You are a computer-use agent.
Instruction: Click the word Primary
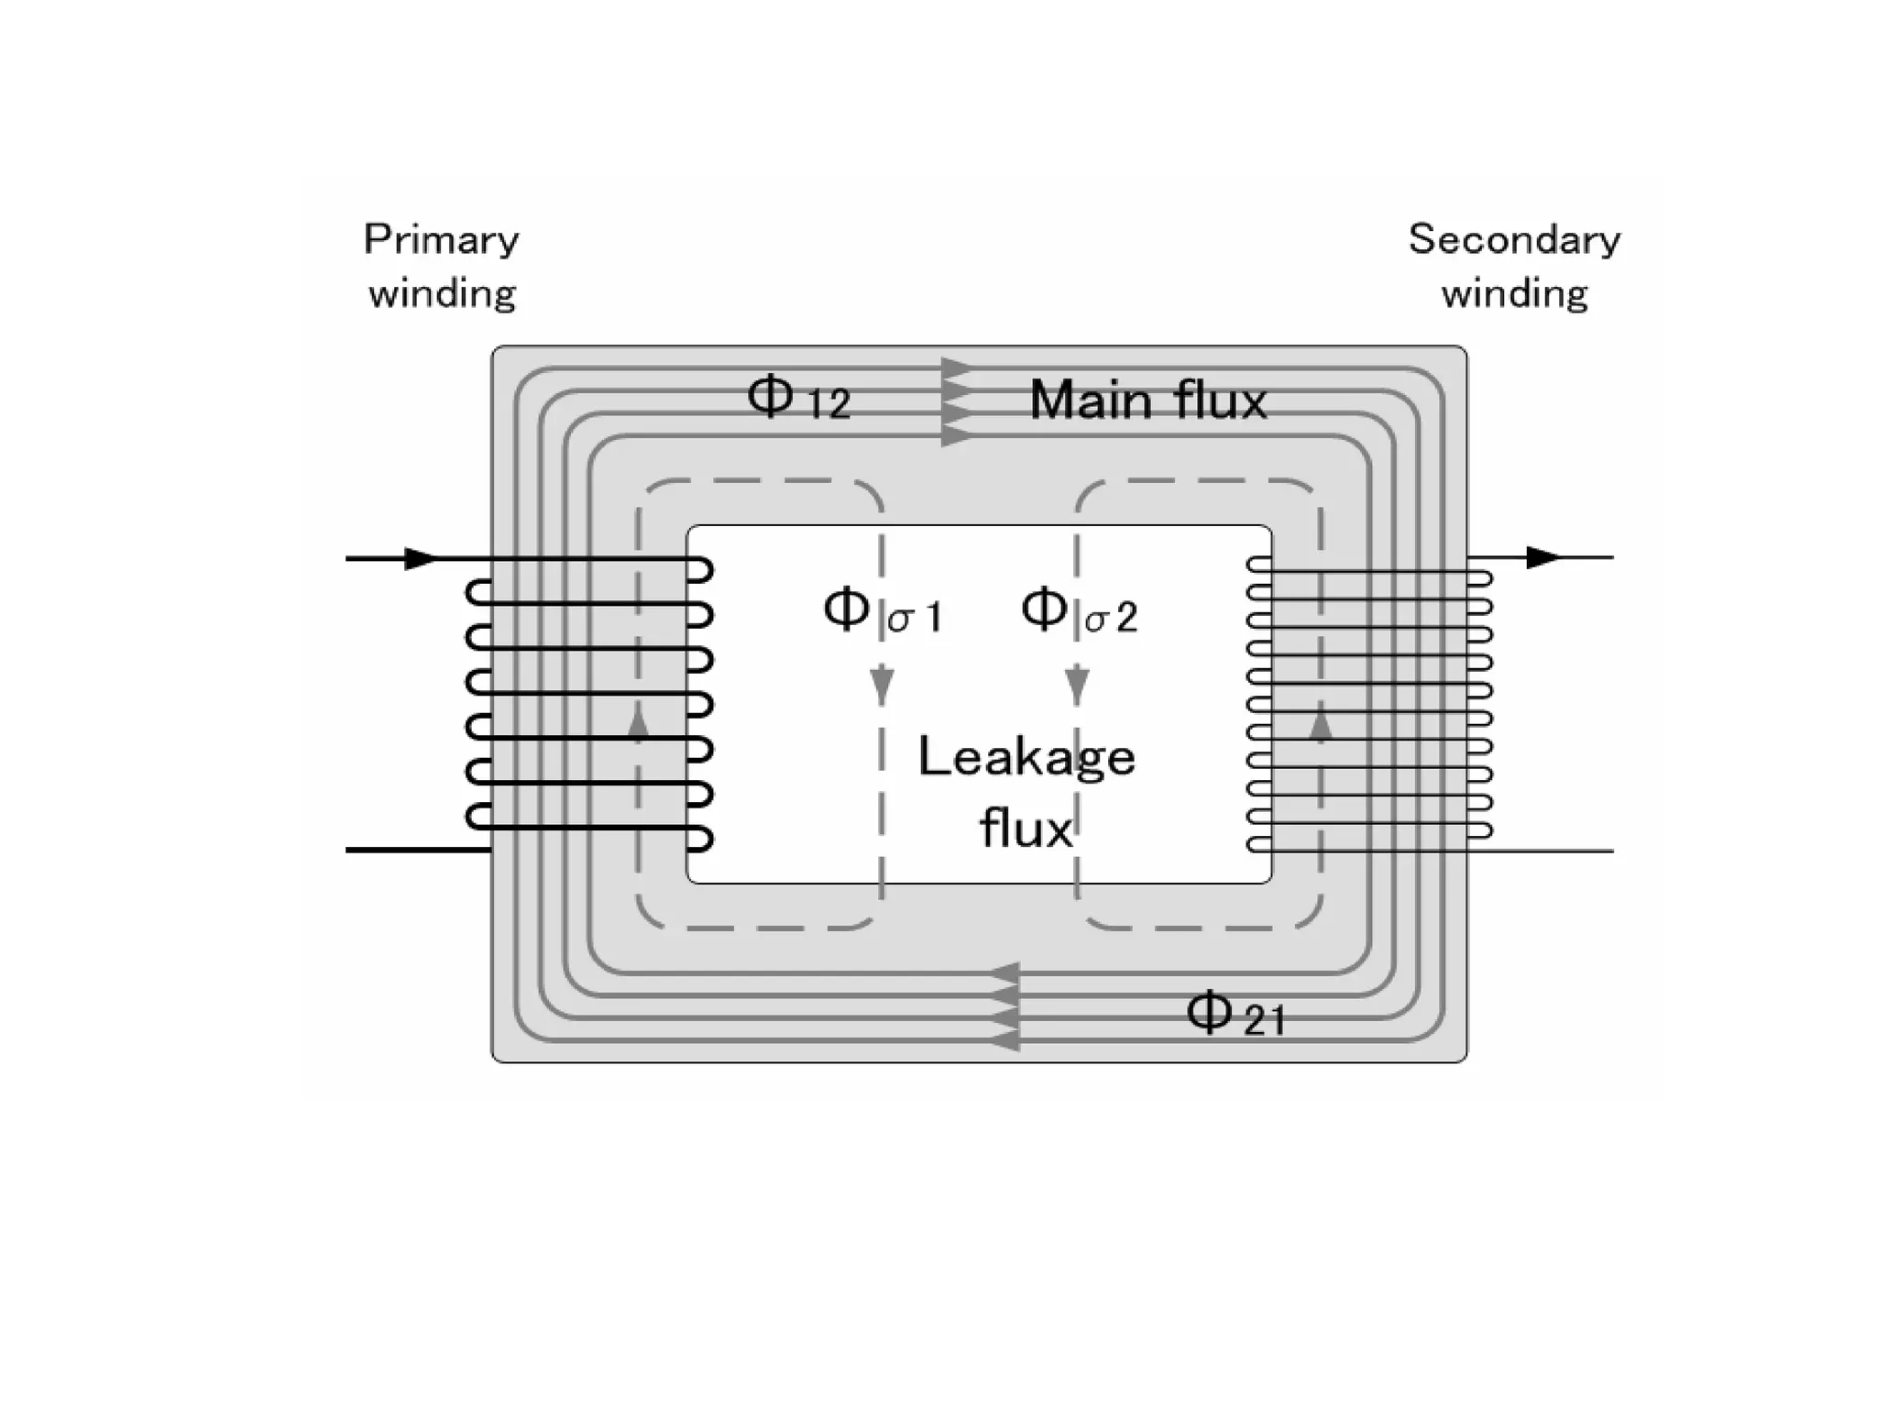tap(441, 240)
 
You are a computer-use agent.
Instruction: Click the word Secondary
tap(1514, 240)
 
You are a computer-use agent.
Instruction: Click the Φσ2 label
tap(1079, 612)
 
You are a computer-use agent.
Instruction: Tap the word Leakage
tap(1026, 758)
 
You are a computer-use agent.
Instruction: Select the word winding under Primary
tap(442, 294)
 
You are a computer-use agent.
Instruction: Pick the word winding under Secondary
tap(1514, 294)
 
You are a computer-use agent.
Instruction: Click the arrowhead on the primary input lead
tap(421, 558)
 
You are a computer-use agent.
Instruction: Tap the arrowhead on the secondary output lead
tap(1542, 557)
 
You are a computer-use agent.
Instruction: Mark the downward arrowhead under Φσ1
tap(882, 686)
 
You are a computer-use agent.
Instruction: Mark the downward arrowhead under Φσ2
tap(1078, 686)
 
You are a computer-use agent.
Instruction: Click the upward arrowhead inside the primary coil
tap(639, 724)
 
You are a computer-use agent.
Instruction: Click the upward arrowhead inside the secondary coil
tap(1321, 724)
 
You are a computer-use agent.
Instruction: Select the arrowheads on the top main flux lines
tap(957, 403)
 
